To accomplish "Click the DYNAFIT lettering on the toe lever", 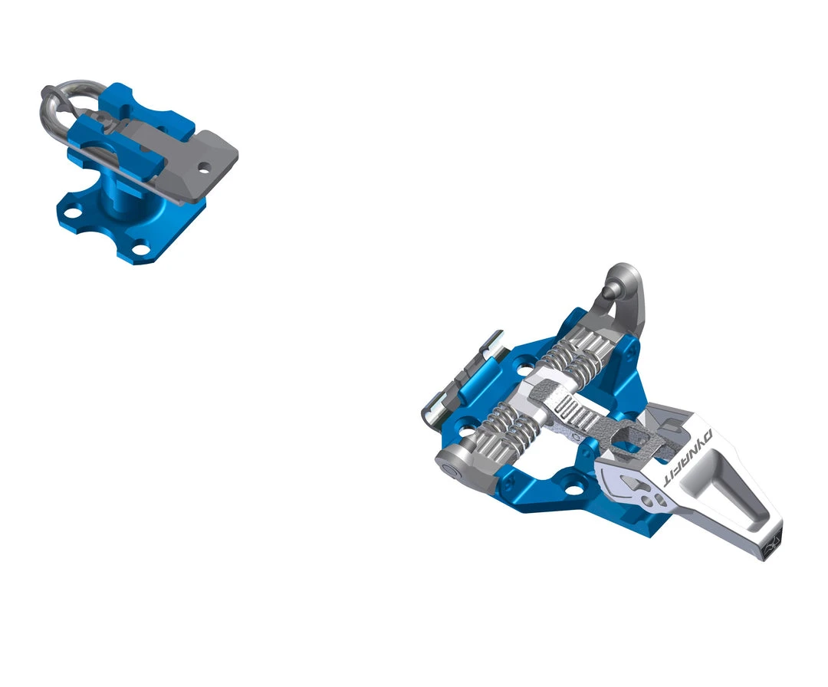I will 688,459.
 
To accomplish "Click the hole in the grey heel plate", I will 204,164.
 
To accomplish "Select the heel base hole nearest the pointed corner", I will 140,247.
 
